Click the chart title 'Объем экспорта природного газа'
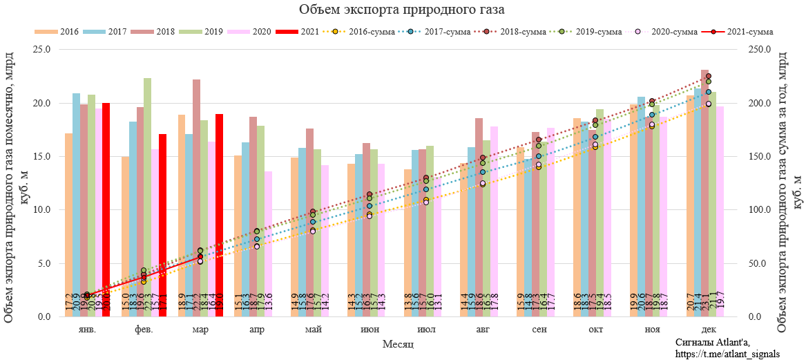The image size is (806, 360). pos(402,10)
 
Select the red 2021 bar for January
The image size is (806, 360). pos(106,207)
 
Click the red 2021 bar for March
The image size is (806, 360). pos(219,214)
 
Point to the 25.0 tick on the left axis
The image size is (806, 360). pos(41,50)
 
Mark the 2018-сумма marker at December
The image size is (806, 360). pos(708,76)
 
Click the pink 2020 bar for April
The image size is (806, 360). pos(267,242)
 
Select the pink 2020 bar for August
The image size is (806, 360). pos(494,221)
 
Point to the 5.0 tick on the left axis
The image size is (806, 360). pos(44,263)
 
